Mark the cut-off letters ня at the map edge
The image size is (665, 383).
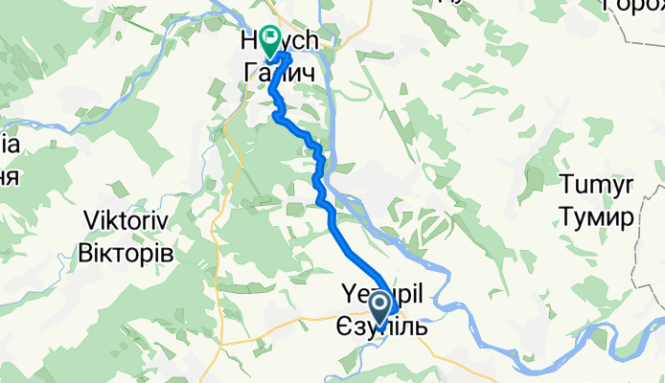(9, 175)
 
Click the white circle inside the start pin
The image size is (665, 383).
(380, 305)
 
